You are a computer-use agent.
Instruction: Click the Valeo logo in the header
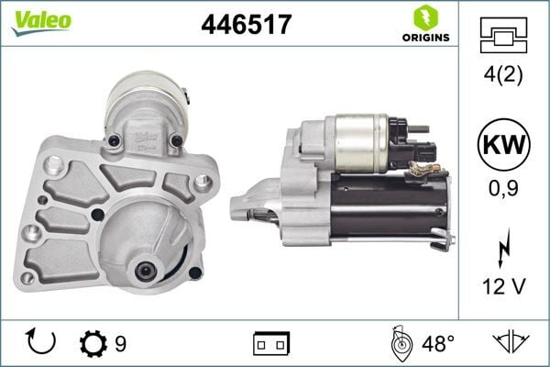(41, 20)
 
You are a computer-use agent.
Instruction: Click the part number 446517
(246, 25)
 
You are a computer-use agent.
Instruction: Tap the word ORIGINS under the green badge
(423, 38)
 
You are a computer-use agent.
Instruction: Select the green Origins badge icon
(423, 17)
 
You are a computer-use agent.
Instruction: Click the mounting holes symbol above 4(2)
(503, 35)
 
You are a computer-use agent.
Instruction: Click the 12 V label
(503, 287)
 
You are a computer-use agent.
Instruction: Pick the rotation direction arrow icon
(42, 341)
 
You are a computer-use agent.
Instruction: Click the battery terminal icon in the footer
(270, 343)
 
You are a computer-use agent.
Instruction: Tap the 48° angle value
(438, 343)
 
